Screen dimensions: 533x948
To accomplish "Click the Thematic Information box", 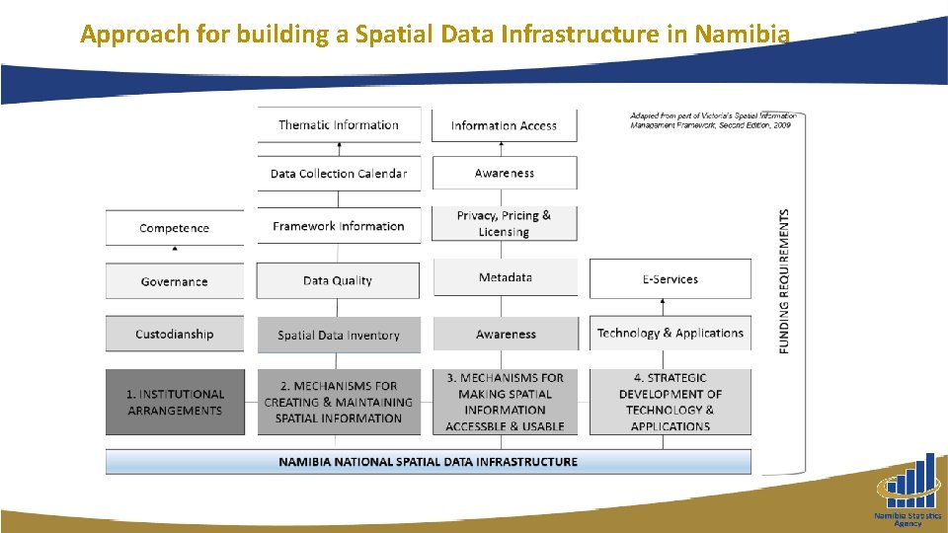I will point(339,125).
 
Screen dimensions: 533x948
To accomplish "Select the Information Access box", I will point(504,125).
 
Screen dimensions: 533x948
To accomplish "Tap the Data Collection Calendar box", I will point(339,174).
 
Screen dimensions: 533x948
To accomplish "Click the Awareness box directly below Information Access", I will point(504,173).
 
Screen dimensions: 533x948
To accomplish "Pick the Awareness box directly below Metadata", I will point(505,335).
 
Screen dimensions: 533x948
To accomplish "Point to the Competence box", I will point(175,228).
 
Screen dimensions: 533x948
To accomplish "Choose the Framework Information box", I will point(339,226).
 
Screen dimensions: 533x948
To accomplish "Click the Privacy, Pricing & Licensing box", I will point(504,223).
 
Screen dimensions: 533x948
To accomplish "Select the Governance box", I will point(175,281).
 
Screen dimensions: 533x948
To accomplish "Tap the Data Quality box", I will point(338,280).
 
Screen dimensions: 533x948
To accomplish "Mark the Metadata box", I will point(505,277).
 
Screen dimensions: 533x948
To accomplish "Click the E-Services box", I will point(670,279).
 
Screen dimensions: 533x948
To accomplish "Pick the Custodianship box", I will point(175,334).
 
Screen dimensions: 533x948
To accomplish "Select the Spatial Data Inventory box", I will point(339,335).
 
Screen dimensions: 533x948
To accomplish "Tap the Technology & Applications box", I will point(670,334).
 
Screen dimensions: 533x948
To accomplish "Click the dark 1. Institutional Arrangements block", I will point(175,402).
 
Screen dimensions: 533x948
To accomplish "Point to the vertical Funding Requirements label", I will point(785,280).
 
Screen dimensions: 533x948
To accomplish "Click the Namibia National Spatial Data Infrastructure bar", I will point(428,461).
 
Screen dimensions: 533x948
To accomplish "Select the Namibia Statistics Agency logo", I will point(908,491).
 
